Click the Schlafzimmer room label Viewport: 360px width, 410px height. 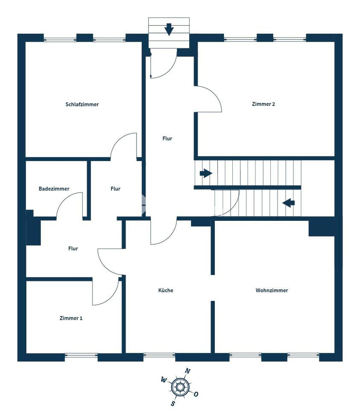(82, 104)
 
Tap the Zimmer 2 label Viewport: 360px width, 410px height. (263, 104)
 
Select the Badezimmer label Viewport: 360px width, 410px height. (54, 189)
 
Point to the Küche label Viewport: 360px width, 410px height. (166, 290)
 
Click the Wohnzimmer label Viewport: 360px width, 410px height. (272, 290)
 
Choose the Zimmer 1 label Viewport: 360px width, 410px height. (71, 318)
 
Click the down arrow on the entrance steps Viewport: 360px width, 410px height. (169, 29)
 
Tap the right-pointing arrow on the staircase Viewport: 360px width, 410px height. (206, 173)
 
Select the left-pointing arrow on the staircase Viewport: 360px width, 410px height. (289, 202)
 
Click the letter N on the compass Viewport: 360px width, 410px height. (188, 371)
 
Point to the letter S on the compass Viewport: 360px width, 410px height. (173, 404)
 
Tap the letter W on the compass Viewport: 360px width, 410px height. (163, 380)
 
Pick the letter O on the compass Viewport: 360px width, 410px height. (196, 394)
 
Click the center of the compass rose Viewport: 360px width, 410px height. (180, 387)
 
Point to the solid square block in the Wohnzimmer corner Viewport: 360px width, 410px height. (322, 228)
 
